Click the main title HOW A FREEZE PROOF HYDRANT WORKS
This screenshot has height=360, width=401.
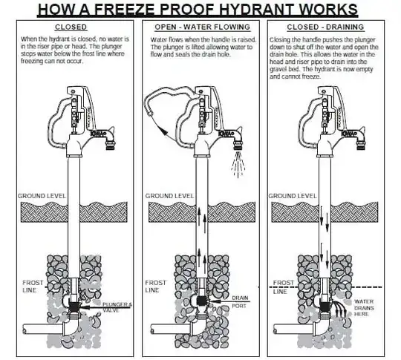(198, 10)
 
